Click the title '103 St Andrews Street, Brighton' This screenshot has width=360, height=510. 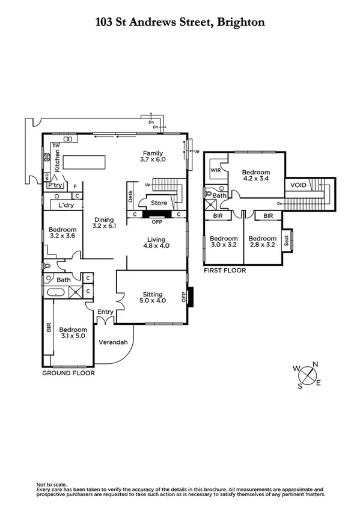[180, 23]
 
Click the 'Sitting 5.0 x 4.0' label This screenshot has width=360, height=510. [151, 297]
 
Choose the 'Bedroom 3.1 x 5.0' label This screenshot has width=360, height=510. [73, 333]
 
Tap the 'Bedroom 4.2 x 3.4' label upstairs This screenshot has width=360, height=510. [256, 174]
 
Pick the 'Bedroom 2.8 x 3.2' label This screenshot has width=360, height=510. [261, 241]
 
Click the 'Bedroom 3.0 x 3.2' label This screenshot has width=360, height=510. [223, 241]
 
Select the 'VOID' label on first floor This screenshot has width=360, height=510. [298, 185]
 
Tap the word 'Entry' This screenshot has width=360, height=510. [105, 311]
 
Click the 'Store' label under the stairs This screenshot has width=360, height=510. [159, 203]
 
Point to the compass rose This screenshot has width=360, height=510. [310, 375]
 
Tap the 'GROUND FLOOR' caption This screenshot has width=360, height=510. [68, 373]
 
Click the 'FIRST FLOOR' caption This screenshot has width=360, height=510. [224, 271]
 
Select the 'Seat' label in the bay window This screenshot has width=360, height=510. [287, 241]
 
